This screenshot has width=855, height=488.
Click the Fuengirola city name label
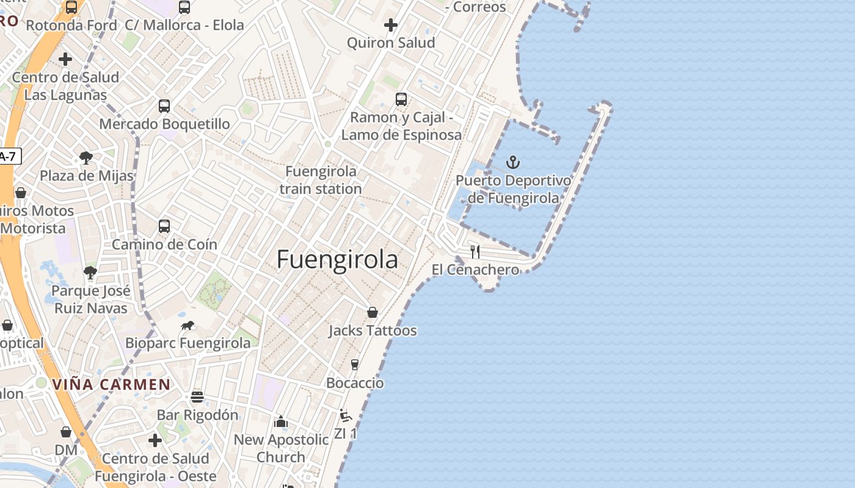337,260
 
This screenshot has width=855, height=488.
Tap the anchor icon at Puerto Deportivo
513,162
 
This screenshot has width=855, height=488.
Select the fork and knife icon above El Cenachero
475,252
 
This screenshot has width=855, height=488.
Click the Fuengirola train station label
321,180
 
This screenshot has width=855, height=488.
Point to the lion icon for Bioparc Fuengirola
187,325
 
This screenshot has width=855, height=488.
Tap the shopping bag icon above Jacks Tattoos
372,313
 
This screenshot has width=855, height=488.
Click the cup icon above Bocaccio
355,365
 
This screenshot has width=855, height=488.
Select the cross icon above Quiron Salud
391,25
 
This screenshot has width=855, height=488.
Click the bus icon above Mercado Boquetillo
164,106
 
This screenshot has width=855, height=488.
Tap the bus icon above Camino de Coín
164,226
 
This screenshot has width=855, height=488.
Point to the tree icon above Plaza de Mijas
86,158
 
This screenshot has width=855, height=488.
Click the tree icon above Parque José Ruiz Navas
90,272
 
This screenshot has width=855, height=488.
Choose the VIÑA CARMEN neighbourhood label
111,384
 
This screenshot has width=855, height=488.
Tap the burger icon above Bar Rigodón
197,397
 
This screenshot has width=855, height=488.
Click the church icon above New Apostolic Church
281,422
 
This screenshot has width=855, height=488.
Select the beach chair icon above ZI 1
346,416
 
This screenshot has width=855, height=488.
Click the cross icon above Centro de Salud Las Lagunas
65,59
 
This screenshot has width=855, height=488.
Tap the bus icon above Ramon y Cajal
401,99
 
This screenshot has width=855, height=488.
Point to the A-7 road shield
9,156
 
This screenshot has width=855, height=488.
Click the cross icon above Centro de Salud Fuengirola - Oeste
155,440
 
